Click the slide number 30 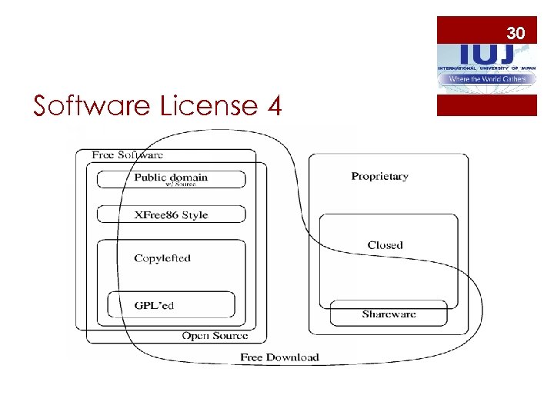(x=516, y=33)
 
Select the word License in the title (x=208, y=105)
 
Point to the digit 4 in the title (x=274, y=105)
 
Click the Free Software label (x=127, y=154)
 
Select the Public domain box (x=171, y=179)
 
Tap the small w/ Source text (x=181, y=184)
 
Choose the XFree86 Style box (x=171, y=214)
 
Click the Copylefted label (x=162, y=258)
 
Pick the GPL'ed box (x=171, y=305)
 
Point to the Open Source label (x=215, y=336)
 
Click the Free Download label (x=279, y=357)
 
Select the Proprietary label (x=379, y=177)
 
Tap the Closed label (x=385, y=245)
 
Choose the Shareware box (x=389, y=314)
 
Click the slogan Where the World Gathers (x=487, y=79)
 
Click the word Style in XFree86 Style (x=195, y=214)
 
